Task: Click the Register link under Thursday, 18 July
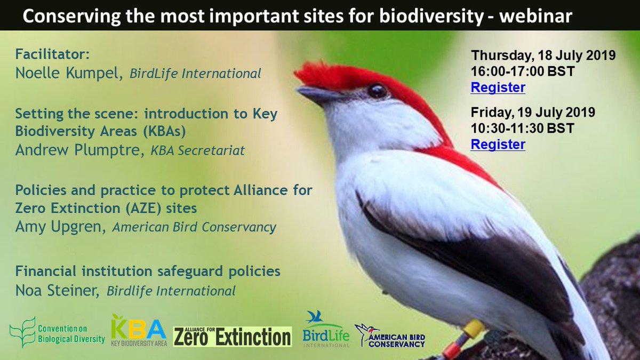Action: click(x=498, y=87)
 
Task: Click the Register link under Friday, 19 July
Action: click(x=498, y=144)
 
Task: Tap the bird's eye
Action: click(x=377, y=90)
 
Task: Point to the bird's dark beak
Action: click(x=318, y=95)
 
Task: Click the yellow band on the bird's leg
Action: click(x=473, y=328)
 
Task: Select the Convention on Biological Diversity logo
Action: click(x=57, y=332)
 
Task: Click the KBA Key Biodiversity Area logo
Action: click(x=139, y=331)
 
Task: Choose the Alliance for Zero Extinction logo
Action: click(x=232, y=336)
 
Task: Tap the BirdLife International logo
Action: click(x=325, y=330)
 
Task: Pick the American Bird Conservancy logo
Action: click(x=390, y=335)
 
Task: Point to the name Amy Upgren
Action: click(x=60, y=227)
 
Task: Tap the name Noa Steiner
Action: click(x=58, y=291)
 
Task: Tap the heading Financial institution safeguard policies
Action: click(x=148, y=271)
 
